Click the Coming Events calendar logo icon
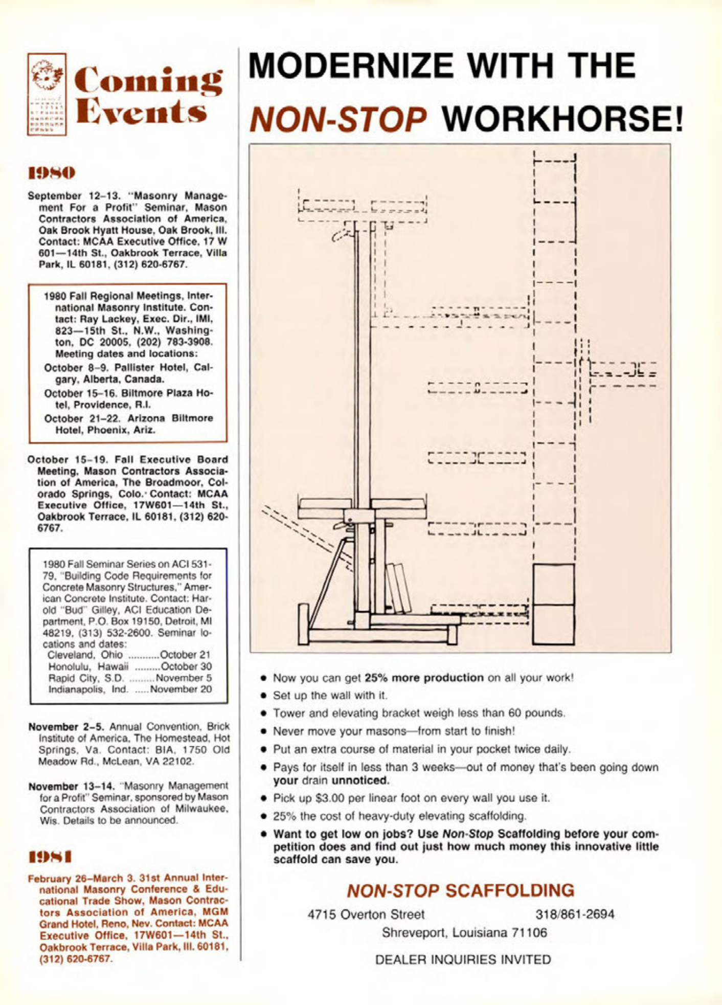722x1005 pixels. click(47, 94)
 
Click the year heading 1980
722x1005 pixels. click(52, 173)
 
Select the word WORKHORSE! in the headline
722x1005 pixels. click(562, 119)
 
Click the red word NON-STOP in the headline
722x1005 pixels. click(338, 119)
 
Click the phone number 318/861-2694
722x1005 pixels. click(575, 914)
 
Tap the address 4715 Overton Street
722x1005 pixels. click(366, 914)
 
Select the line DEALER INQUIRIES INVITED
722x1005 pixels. click(463, 959)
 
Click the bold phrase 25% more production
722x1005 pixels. click(423, 678)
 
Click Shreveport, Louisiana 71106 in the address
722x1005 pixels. click(464, 932)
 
